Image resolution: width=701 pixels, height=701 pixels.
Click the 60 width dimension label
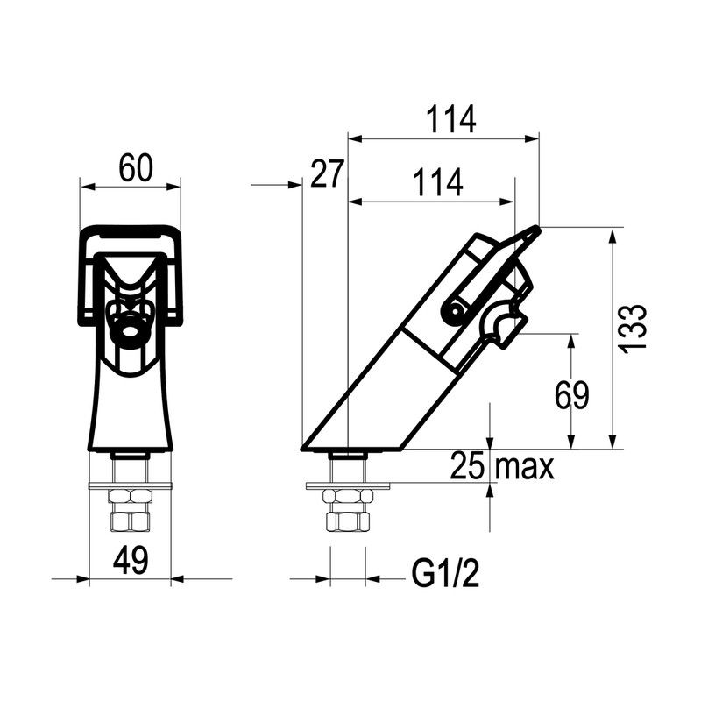pos(136,168)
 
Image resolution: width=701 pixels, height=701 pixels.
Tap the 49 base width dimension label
pos(130,561)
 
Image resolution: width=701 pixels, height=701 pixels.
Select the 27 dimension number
pos(327,173)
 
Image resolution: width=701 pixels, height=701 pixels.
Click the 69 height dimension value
pos(572,395)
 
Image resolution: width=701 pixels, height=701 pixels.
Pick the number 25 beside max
pos(467,465)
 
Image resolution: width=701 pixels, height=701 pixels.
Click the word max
pos(525,468)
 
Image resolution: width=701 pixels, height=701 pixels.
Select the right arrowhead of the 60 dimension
pos(173,187)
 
